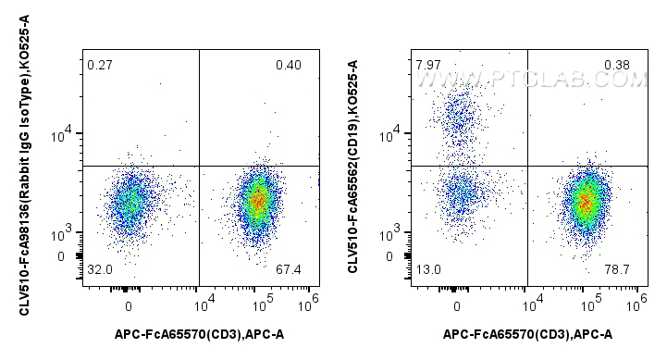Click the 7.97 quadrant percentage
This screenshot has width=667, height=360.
pyautogui.click(x=427, y=65)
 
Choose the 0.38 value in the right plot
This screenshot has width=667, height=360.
pyautogui.click(x=617, y=65)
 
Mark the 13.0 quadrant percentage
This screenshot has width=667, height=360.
pyautogui.click(x=427, y=269)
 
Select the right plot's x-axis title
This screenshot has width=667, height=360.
pyautogui.click(x=527, y=334)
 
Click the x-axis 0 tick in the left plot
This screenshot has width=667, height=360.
pyautogui.click(x=129, y=304)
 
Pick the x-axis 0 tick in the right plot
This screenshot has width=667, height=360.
pyautogui.click(x=457, y=304)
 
